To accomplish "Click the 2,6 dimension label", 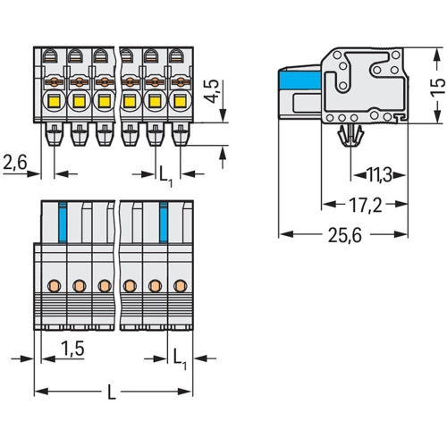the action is coord(15,162).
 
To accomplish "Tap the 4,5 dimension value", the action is coord(212,91).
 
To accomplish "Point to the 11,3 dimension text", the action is coord(379,175).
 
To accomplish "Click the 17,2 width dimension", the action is coord(365,205).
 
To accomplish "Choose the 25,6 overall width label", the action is coord(344,235).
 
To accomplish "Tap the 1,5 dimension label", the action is coord(72,348).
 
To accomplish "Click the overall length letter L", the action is coord(111,392).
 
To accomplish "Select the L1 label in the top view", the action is coord(165,176).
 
